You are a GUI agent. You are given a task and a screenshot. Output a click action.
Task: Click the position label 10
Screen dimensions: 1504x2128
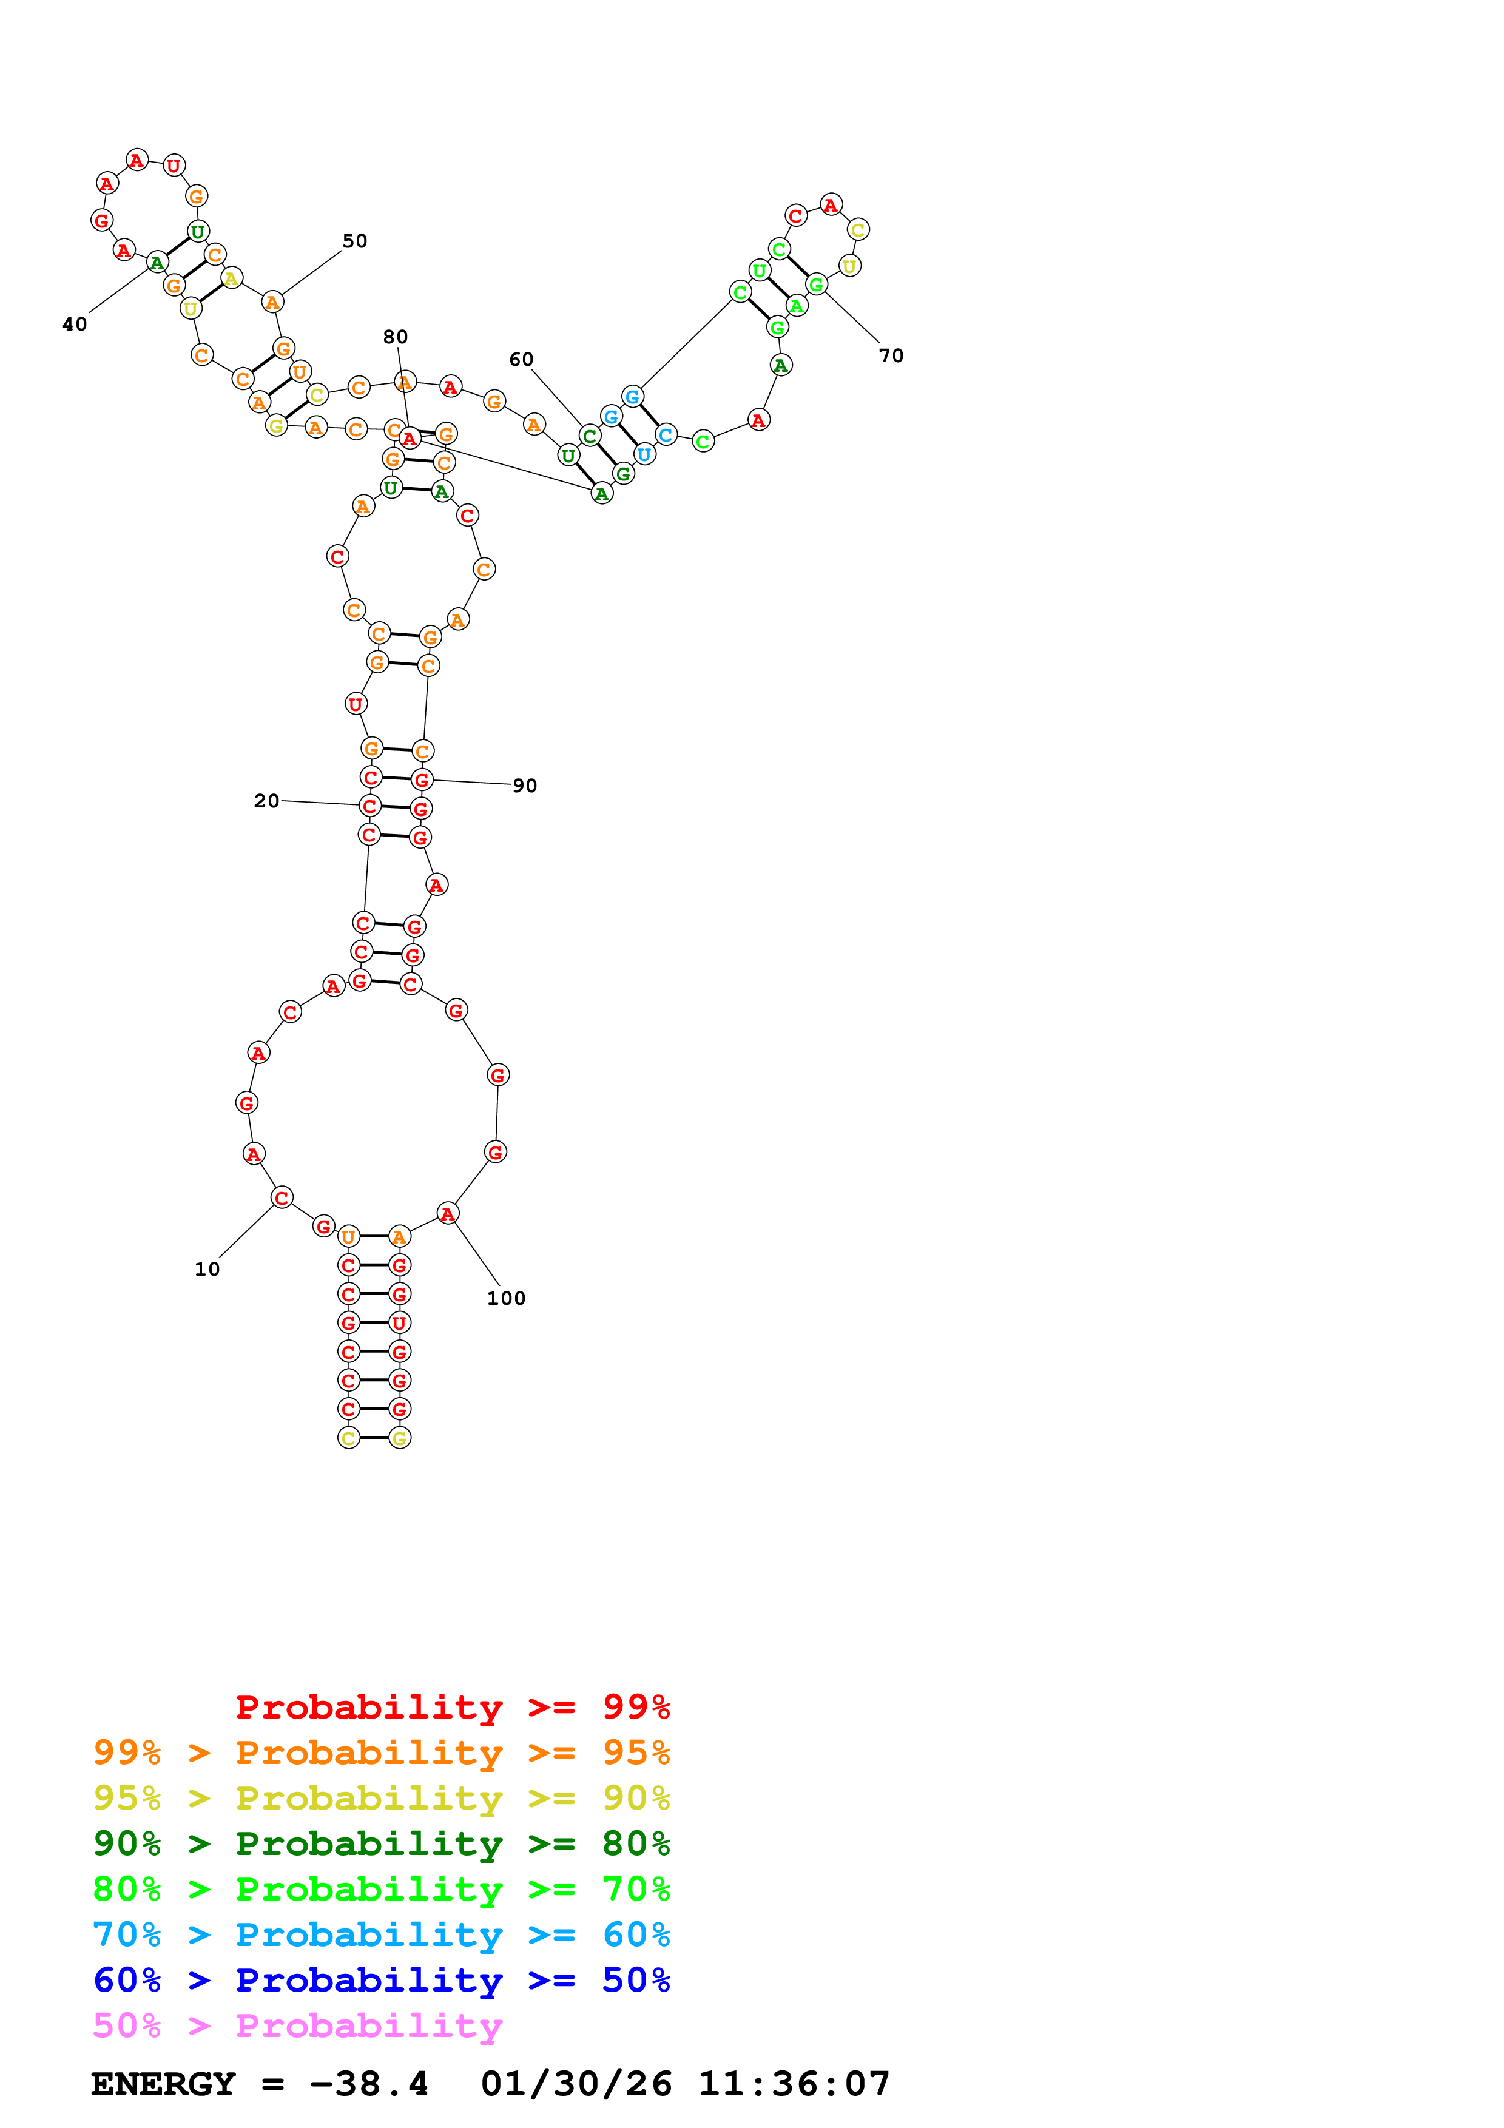click(207, 1269)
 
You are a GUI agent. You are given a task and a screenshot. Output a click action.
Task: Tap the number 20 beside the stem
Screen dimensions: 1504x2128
click(266, 800)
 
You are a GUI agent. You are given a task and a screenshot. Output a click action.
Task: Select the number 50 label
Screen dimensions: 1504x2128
click(355, 241)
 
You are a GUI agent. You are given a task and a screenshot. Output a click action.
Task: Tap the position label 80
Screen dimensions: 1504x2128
click(396, 337)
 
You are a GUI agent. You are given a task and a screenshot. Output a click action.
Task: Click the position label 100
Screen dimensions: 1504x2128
click(506, 1298)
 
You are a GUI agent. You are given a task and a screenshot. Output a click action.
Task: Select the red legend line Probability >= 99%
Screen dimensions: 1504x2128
click(452, 1706)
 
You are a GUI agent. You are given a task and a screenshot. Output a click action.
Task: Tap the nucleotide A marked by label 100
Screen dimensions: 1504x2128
click(448, 1213)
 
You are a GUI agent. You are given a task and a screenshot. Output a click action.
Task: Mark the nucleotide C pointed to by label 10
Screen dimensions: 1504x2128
click(282, 1197)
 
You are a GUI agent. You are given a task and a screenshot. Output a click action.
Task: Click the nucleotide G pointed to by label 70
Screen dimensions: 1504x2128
click(815, 284)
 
